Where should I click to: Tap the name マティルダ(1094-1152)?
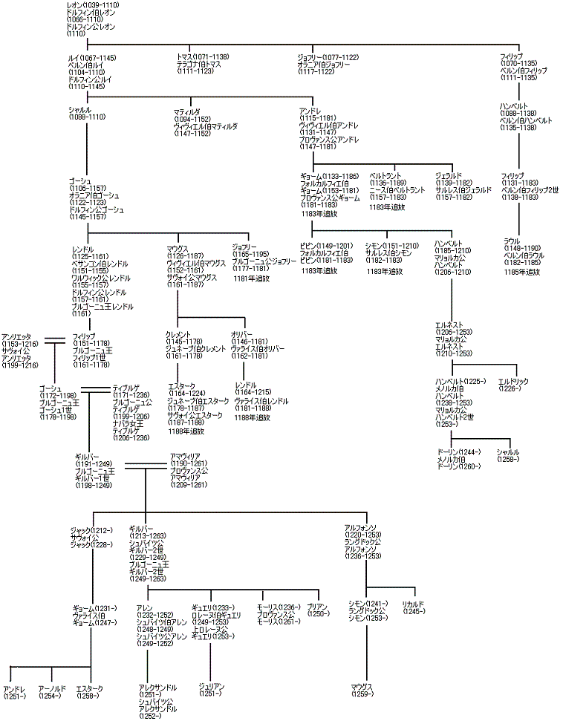(196, 111)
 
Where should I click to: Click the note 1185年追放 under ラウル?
(521, 273)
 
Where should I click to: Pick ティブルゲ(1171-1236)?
(131, 387)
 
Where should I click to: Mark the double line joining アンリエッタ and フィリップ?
(55, 341)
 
